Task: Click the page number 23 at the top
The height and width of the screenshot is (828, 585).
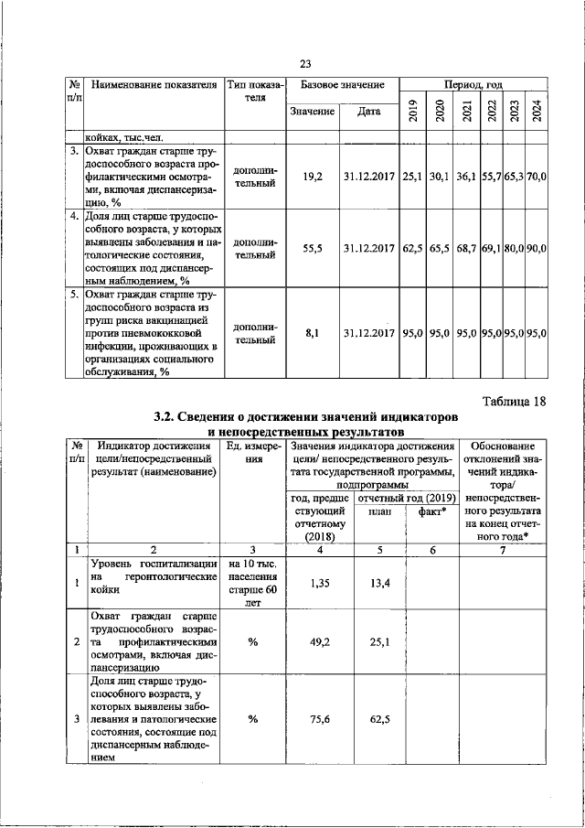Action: [x=305, y=62]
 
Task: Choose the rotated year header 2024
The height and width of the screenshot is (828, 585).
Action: [x=537, y=112]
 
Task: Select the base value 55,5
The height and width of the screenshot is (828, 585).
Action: [x=312, y=248]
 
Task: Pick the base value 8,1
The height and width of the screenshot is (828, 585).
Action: [x=312, y=334]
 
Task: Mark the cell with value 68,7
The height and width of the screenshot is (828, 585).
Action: [x=466, y=248]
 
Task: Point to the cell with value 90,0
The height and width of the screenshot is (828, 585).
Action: [x=537, y=248]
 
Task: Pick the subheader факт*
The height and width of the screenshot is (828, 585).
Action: [x=433, y=513]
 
